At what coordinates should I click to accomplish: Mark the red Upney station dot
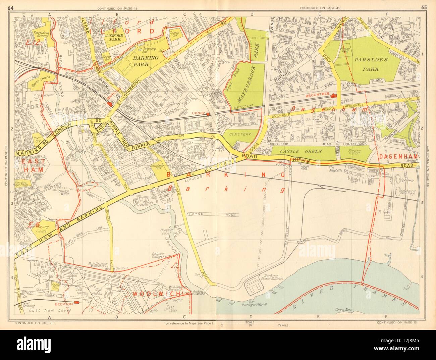pyautogui.click(x=208, y=114)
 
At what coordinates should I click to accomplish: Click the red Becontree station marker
pyautogui.click(x=333, y=96)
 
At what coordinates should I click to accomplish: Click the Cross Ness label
pyautogui.click(x=343, y=311)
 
